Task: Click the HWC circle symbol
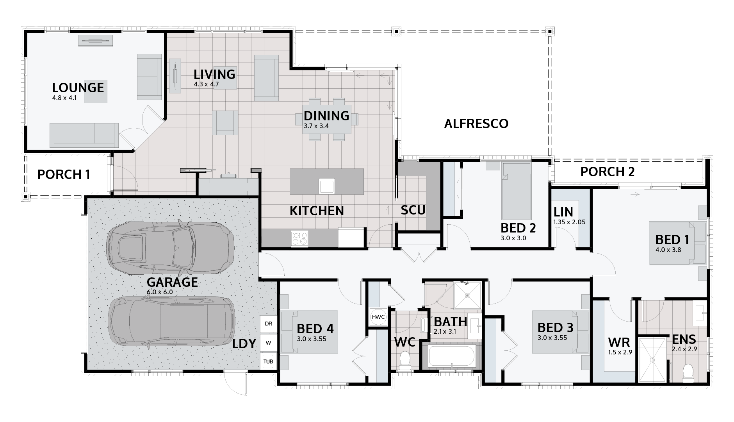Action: click(x=378, y=317)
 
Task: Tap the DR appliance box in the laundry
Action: click(x=268, y=324)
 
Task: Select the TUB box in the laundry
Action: click(x=268, y=361)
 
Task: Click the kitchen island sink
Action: click(x=326, y=186)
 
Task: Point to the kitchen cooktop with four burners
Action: click(x=299, y=238)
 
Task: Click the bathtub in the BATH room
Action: click(x=452, y=356)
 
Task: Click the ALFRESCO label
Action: click(x=476, y=124)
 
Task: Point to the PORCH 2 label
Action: click(x=607, y=172)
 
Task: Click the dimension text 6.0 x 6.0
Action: click(x=159, y=292)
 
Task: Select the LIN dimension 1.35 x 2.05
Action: click(x=569, y=222)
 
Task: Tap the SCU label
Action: click(x=413, y=210)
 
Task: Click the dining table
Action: click(x=326, y=119)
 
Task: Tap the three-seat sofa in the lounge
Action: click(x=84, y=135)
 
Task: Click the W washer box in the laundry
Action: click(x=268, y=343)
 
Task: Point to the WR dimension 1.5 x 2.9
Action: click(x=620, y=352)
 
